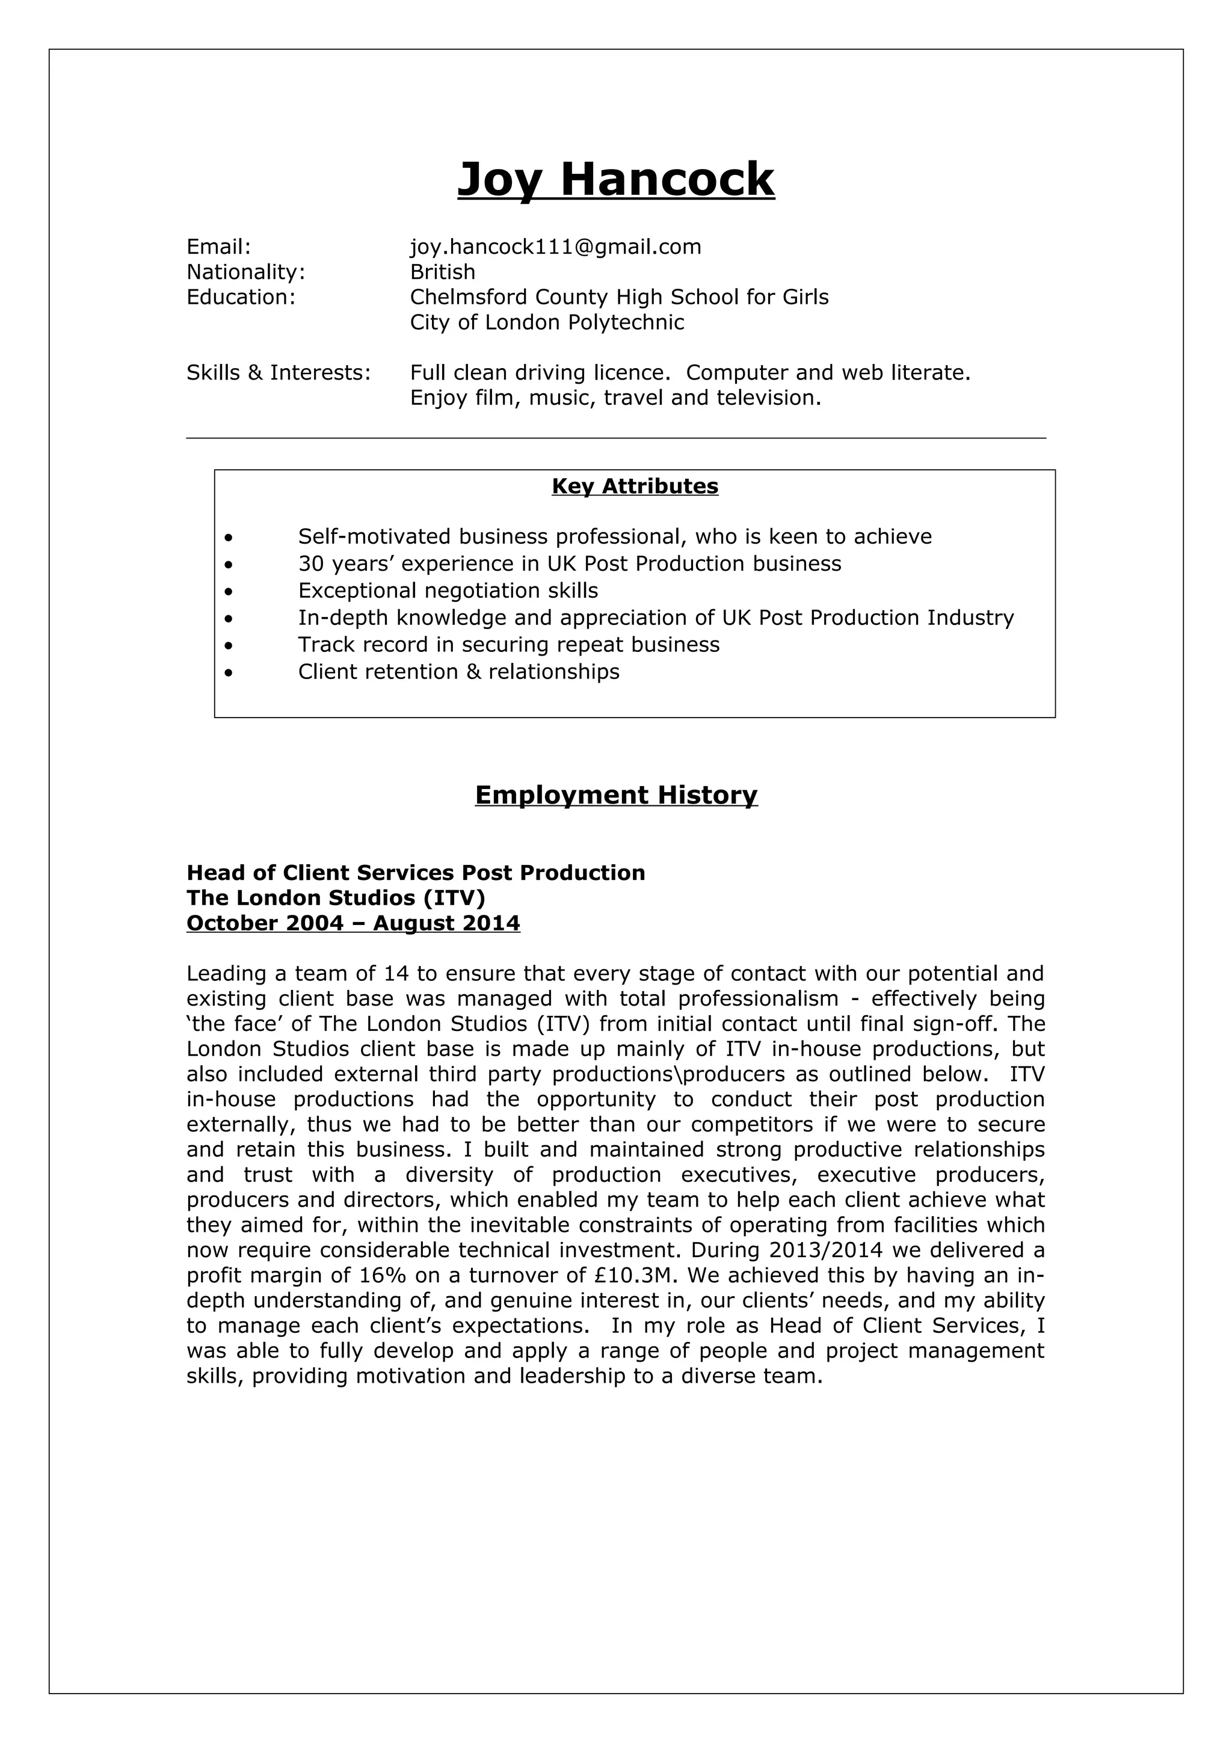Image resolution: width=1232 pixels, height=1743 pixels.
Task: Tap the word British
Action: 443,272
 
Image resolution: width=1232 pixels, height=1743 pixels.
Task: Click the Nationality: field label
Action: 245,272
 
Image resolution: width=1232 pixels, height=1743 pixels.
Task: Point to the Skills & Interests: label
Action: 279,373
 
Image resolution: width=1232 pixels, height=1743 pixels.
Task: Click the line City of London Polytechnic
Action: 547,322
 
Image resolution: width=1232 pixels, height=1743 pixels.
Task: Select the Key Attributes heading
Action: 635,486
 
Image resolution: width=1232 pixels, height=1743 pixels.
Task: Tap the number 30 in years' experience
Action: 311,564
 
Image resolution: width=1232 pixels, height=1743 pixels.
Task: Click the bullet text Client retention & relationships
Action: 458,672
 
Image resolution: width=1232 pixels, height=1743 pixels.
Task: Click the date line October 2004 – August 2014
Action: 353,923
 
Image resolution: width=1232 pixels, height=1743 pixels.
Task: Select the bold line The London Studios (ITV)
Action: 336,898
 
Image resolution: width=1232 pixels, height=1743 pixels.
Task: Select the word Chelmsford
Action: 469,297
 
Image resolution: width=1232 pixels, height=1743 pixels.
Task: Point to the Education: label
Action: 241,297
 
